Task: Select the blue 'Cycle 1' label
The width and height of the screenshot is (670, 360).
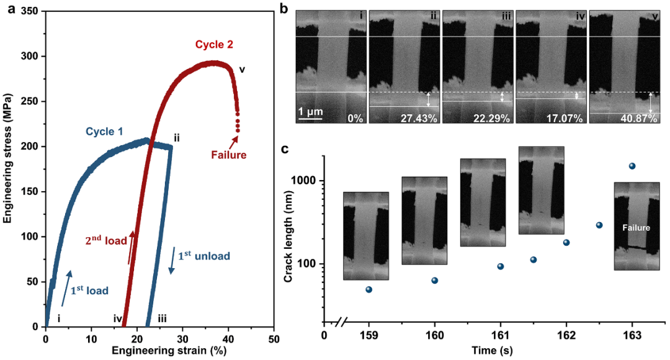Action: (104, 132)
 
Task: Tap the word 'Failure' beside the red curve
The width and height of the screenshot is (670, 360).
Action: (229, 155)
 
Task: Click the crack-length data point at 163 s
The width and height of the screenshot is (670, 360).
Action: (632, 166)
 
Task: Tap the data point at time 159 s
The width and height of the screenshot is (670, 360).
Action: (368, 289)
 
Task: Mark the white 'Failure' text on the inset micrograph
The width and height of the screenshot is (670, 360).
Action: (636, 228)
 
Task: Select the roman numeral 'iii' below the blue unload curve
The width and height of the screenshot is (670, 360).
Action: (162, 318)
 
